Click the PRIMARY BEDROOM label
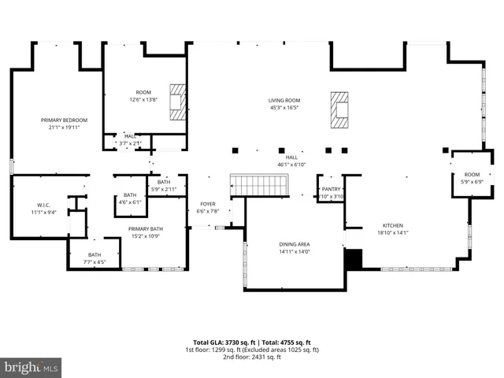point(65,120)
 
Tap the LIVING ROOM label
point(284,100)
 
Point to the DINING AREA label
point(294,244)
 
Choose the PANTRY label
point(331,189)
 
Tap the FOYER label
point(207,203)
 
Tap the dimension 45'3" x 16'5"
point(284,108)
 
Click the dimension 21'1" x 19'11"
point(65,128)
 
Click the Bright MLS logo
point(31,367)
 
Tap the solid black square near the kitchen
point(354,258)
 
